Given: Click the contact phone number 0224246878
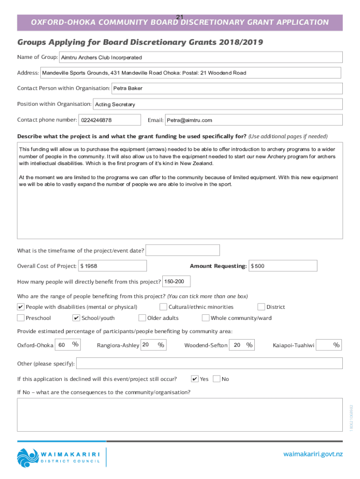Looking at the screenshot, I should point(110,120).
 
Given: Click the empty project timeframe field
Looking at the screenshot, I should point(177,251).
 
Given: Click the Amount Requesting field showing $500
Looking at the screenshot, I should point(283,266).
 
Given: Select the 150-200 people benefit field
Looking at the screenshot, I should point(176,282).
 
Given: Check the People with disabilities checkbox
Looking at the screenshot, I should point(21,307).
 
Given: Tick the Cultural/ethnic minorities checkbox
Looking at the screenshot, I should point(163,307).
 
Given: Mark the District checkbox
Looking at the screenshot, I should point(261,307).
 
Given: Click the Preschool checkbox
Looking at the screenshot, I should point(21,318).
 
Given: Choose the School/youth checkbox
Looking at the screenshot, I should point(77,318).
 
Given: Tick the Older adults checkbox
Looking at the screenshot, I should point(142,318).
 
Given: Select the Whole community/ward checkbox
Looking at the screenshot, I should point(206,318).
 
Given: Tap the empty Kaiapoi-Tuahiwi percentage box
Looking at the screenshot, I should point(329,345).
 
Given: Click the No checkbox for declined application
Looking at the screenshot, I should point(216,379).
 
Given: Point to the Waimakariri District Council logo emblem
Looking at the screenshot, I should point(27,457).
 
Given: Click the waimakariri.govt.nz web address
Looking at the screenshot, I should point(313,454).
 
